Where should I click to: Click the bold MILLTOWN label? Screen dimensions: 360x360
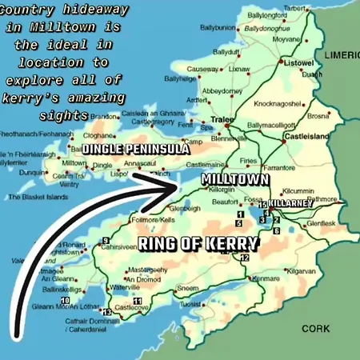click(x=234, y=179)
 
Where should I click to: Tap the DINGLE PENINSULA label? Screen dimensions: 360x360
click(x=136, y=150)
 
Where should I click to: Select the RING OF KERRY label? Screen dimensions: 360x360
click(x=198, y=244)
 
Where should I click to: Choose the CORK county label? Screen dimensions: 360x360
click(x=315, y=329)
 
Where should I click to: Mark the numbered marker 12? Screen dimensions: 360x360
click(x=245, y=258)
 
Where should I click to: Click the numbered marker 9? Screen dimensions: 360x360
click(x=106, y=241)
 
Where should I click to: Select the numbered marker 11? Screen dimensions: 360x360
click(x=138, y=301)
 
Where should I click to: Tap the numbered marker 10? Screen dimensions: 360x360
click(x=65, y=301)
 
